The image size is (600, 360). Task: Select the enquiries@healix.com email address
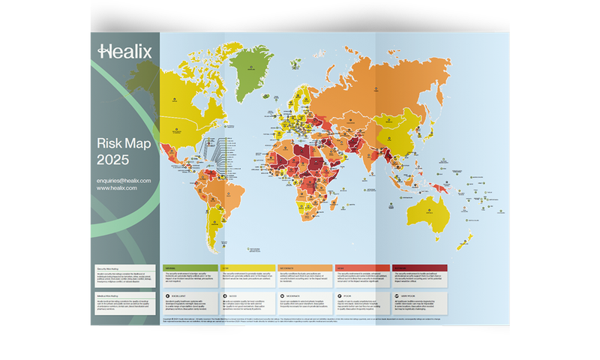[x=124, y=181]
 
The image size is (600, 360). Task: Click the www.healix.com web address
[x=117, y=189]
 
